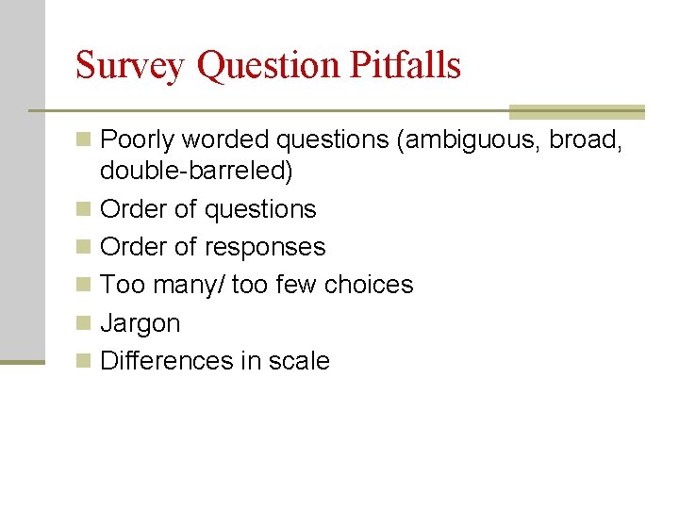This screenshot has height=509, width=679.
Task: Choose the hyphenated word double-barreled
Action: point(196,171)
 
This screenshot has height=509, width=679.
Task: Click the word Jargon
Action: point(140,323)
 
